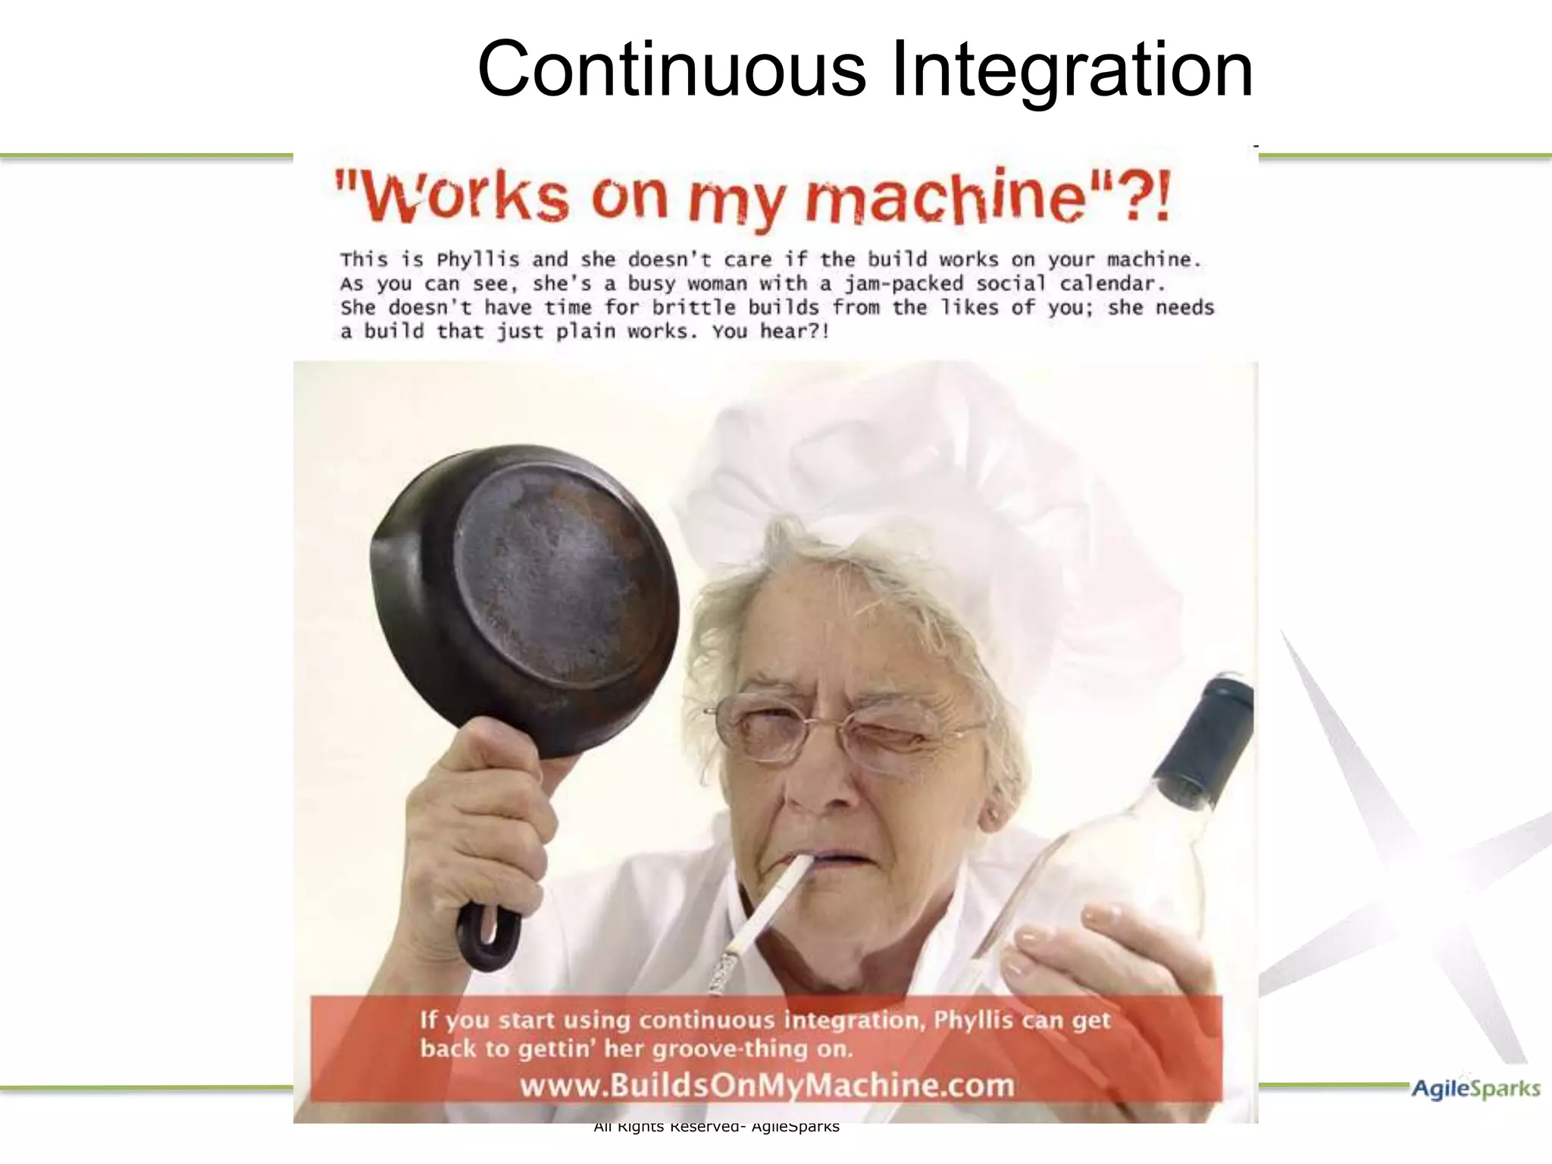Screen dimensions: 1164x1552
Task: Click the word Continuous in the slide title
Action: [x=671, y=70]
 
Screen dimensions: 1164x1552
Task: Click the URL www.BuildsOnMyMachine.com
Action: [x=766, y=1085]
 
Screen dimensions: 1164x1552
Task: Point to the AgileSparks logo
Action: [x=1475, y=1089]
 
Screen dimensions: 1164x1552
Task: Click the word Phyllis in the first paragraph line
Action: [x=477, y=260]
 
